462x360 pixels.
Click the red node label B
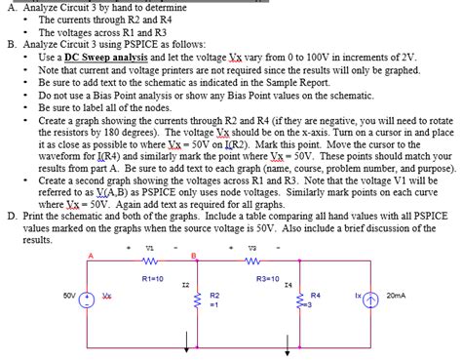tap(194, 257)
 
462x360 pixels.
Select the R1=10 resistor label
tap(151, 278)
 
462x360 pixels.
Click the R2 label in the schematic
tap(214, 294)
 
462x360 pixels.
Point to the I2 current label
tap(184, 285)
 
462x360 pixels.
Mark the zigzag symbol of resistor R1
tap(151, 260)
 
